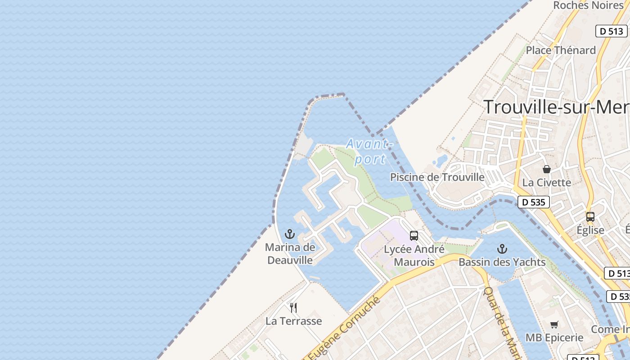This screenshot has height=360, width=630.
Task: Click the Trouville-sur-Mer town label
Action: coord(556,107)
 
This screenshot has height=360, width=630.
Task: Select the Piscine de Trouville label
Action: coord(437,177)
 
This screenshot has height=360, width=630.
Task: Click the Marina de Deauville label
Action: coord(290,253)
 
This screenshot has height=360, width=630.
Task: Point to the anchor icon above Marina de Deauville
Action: coord(290,234)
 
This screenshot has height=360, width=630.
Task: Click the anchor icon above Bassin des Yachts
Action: coord(502,249)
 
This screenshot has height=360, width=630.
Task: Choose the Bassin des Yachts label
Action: coord(502,262)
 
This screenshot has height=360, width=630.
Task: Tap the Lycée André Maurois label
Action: coord(414,256)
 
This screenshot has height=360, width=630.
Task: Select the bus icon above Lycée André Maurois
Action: coord(414,235)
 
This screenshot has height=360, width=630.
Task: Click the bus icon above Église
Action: coord(590,217)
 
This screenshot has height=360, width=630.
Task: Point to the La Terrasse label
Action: coord(293,321)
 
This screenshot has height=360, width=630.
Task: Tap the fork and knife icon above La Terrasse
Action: coord(293,307)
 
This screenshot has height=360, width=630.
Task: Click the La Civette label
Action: coord(546,182)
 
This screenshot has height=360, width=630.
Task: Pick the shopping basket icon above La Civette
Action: coord(546,169)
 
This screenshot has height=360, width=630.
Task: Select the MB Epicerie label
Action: coord(554,337)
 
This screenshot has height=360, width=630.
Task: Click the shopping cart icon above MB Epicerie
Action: coord(554,324)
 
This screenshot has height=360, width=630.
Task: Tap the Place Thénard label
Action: coord(561,50)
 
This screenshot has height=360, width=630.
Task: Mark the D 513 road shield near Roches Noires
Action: coord(612,31)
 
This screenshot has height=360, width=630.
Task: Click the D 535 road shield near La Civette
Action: coord(534,202)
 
